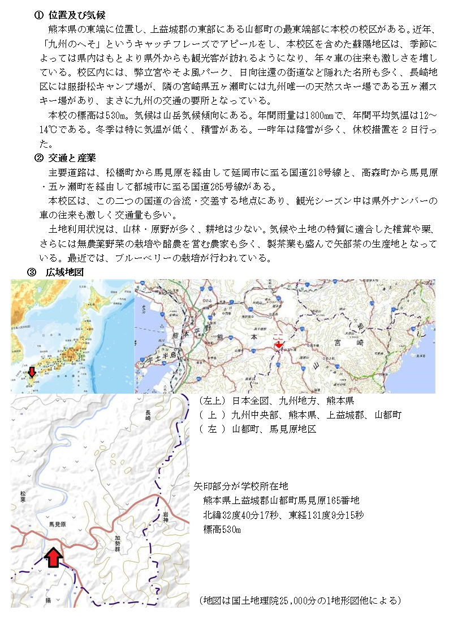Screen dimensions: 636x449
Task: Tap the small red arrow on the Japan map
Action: coord(32,372)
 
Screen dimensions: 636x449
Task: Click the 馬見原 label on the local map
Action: coord(58,525)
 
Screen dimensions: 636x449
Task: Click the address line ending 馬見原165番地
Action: coord(281,501)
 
